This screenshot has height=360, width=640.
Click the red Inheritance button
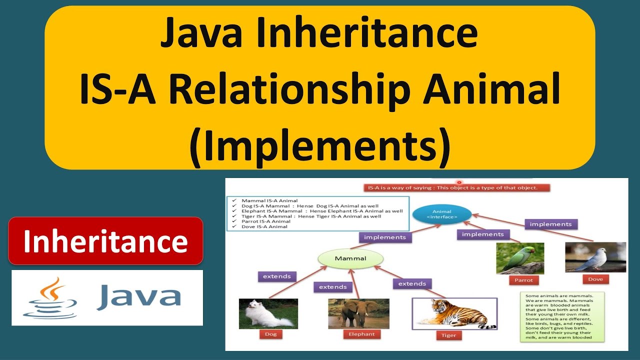(105, 241)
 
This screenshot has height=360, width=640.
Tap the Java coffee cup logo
(50, 298)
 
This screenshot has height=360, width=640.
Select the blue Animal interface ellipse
(442, 214)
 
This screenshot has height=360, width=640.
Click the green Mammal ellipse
(350, 258)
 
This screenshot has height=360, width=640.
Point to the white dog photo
(268, 313)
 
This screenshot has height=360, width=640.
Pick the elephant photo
(358, 313)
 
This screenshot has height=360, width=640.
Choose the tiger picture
(454, 313)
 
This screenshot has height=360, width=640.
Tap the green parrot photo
(520, 258)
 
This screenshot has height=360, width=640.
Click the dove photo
(595, 257)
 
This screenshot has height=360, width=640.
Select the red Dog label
(270, 334)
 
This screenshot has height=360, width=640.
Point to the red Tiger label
(448, 335)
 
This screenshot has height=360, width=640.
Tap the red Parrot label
(523, 280)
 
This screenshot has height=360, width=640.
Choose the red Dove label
(595, 279)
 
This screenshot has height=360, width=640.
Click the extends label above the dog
(276, 276)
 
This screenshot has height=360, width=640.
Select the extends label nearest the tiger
(412, 283)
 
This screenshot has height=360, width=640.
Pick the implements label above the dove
(550, 224)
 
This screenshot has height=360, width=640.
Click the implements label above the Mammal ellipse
(385, 237)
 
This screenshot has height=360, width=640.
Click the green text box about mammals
(562, 316)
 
